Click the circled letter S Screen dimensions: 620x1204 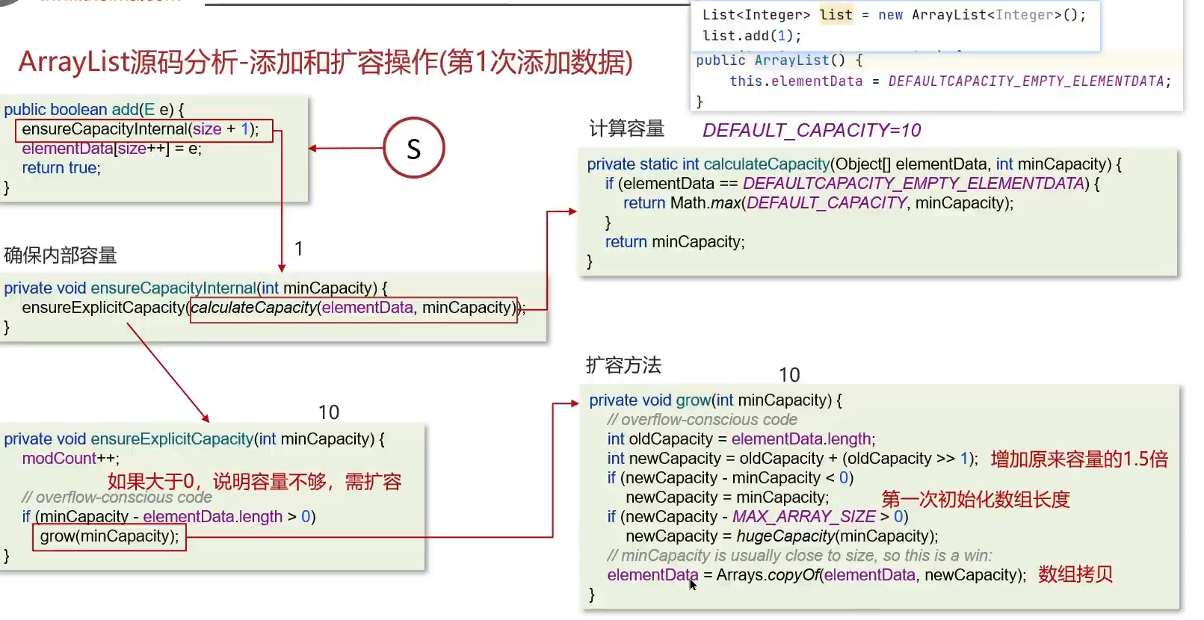click(413, 148)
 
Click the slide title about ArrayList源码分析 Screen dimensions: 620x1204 click(325, 62)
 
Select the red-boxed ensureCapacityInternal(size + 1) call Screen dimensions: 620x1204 click(143, 129)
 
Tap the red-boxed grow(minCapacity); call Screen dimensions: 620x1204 click(109, 536)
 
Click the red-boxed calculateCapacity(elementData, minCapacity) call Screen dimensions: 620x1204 click(353, 308)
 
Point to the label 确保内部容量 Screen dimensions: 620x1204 click(61, 255)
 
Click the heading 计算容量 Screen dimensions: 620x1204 click(626, 129)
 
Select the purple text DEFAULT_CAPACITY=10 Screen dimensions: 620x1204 click(812, 131)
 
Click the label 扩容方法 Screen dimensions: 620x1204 click(623, 365)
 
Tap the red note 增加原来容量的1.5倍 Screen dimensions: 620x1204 click(1078, 459)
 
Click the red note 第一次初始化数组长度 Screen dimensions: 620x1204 click(975, 499)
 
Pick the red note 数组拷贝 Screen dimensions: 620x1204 click(1075, 574)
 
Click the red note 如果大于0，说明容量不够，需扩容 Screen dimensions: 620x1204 click(254, 482)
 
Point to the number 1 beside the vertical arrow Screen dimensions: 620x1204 click(298, 249)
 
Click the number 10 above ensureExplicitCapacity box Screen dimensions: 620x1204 click(328, 412)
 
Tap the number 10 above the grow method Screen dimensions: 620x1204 click(789, 375)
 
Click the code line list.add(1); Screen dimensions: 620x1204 click(751, 36)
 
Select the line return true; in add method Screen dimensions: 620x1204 click(61, 168)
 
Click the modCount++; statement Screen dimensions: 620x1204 click(70, 459)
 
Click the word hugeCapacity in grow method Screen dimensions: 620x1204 click(785, 536)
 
